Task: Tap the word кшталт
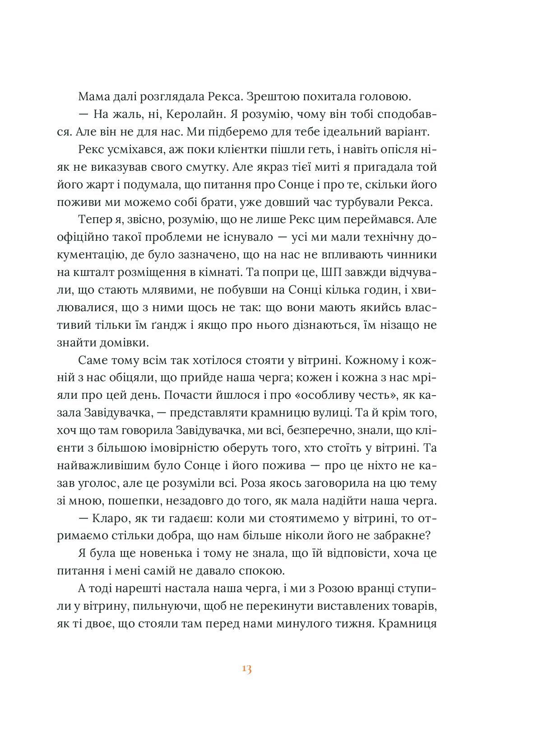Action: [x=97, y=273]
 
